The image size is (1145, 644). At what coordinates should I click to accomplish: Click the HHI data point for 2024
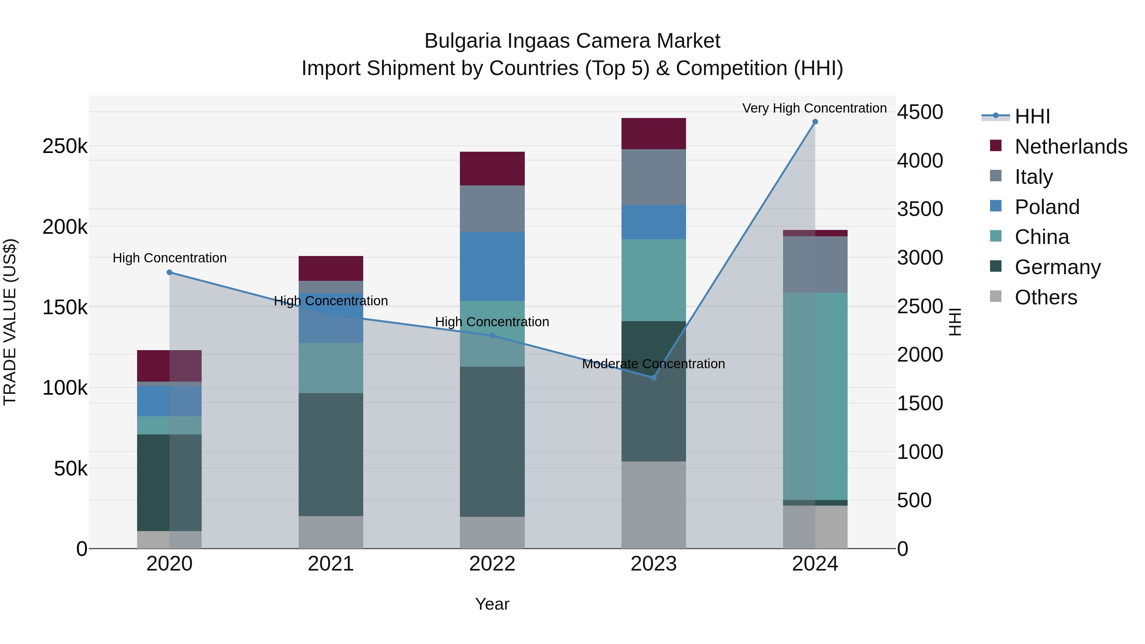point(815,122)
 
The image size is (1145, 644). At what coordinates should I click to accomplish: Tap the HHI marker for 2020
point(169,273)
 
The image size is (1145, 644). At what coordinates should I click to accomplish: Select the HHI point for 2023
point(653,377)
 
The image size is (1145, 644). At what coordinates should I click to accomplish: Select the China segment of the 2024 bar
point(815,396)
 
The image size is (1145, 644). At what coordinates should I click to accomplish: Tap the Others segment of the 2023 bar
point(653,504)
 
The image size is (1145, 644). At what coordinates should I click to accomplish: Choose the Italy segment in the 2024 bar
point(815,265)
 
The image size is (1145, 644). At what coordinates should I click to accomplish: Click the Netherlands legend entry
point(1070,147)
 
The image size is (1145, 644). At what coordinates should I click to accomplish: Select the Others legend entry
point(1045,297)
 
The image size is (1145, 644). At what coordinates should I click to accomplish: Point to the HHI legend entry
point(1032,116)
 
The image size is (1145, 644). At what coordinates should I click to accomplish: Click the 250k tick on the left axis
point(65,146)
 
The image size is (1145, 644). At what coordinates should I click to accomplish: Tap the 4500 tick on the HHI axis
point(919,112)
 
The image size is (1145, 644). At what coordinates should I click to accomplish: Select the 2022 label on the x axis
point(492,564)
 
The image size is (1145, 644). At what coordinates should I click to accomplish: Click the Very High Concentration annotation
point(814,108)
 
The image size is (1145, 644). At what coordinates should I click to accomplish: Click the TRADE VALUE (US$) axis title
point(10,322)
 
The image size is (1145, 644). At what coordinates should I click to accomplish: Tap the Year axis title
point(492,604)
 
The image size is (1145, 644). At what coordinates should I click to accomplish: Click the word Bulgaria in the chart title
point(463,41)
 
